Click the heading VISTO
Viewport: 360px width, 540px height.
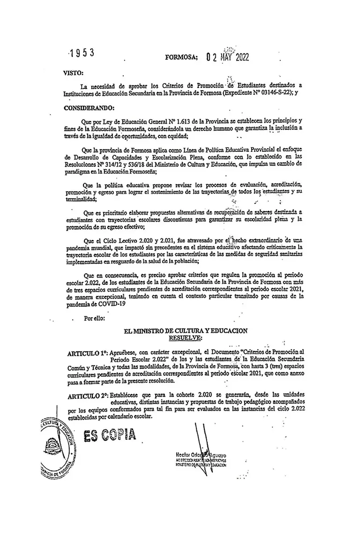[72, 74]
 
